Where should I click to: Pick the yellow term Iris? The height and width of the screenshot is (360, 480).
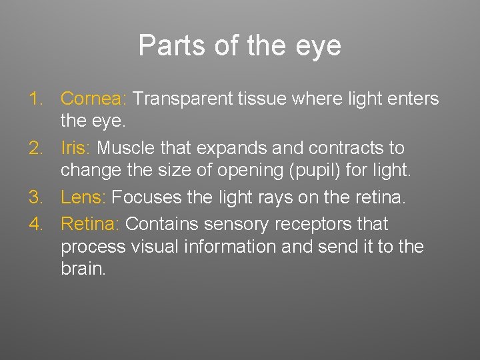click(x=77, y=148)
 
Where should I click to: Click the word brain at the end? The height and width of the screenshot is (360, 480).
click(x=83, y=270)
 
